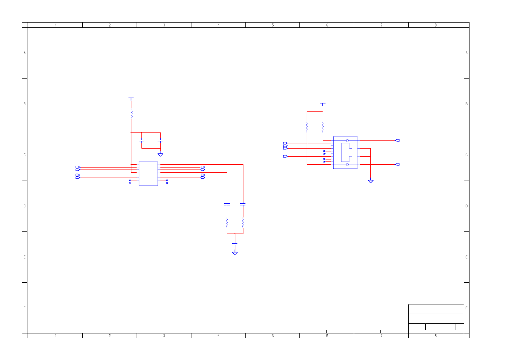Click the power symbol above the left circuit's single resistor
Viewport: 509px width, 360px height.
pyautogui.click(x=131, y=99)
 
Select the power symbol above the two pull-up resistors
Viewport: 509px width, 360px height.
pyautogui.click(x=323, y=104)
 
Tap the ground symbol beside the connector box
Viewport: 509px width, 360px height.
pyautogui.click(x=371, y=181)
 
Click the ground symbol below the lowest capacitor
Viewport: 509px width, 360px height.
pyautogui.click(x=235, y=253)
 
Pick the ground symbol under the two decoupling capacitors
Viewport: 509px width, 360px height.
pyautogui.click(x=160, y=155)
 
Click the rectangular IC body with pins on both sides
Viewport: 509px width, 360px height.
pyautogui.click(x=148, y=174)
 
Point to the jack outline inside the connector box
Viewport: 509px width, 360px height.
pyautogui.click(x=347, y=152)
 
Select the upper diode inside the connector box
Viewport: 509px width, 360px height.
pyautogui.click(x=348, y=141)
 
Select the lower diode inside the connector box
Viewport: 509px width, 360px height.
pyautogui.click(x=348, y=164)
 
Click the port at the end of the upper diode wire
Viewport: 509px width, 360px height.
pyautogui.click(x=397, y=141)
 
